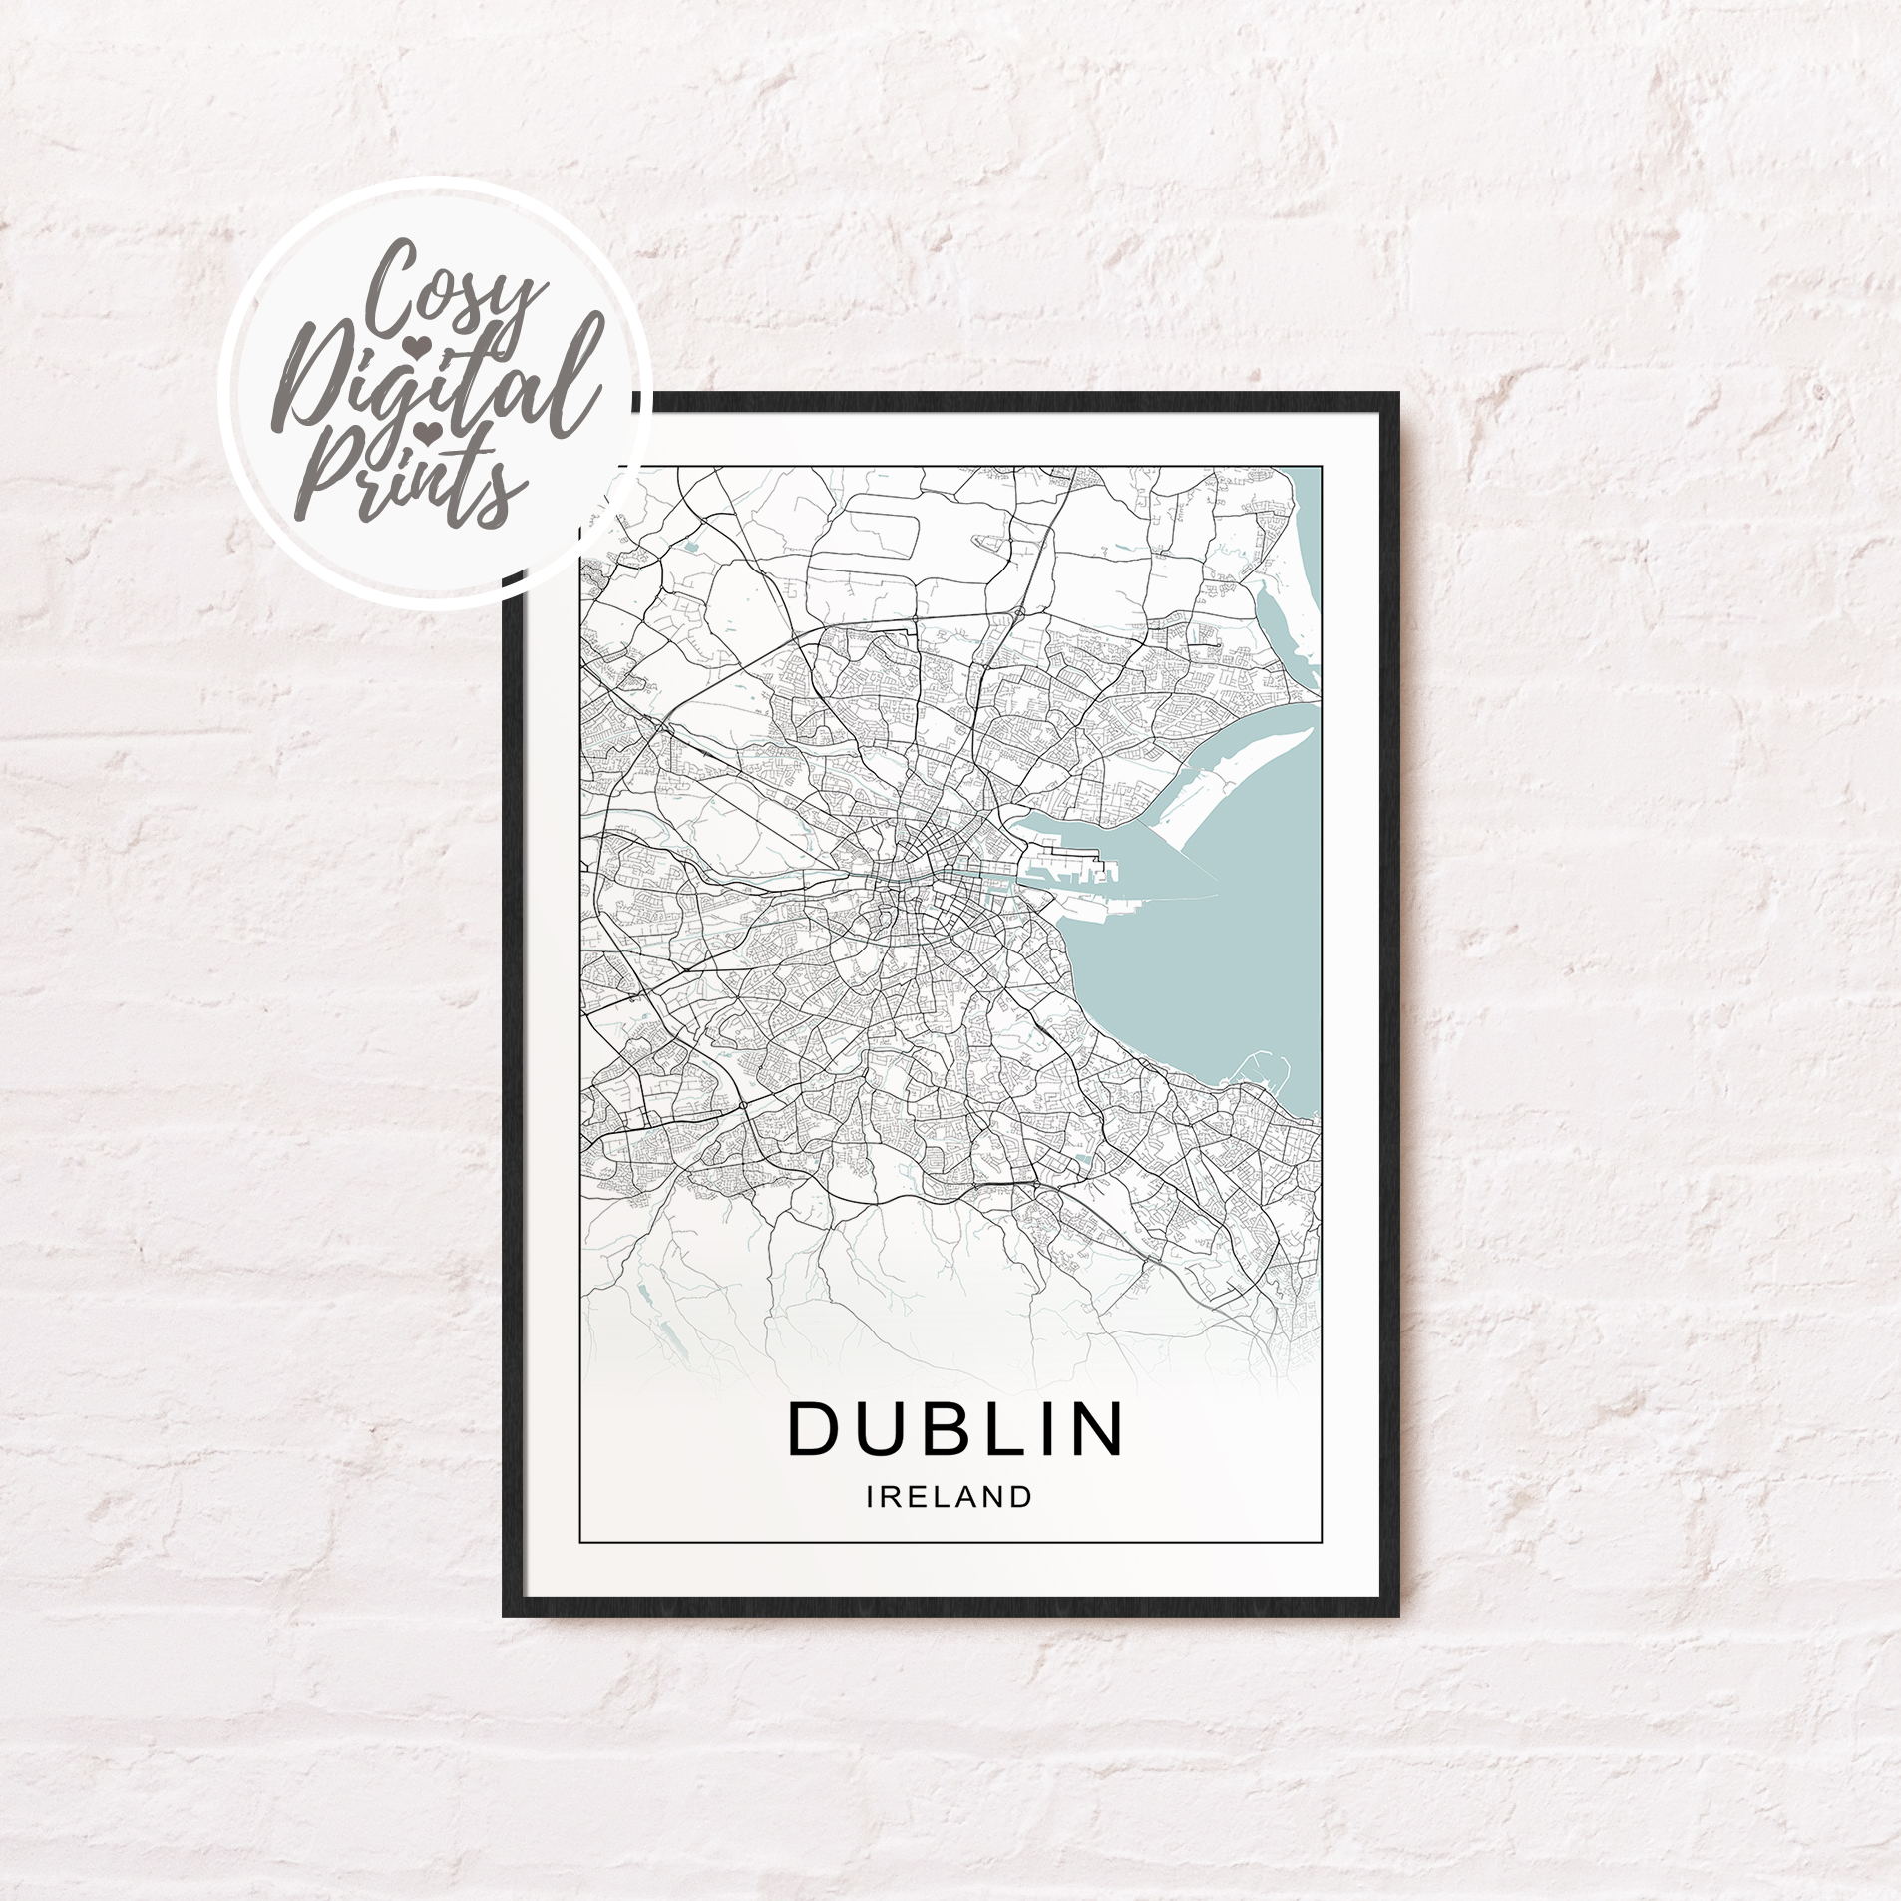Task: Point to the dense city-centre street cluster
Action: coord(913,878)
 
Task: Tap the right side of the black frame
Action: coord(1389,997)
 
